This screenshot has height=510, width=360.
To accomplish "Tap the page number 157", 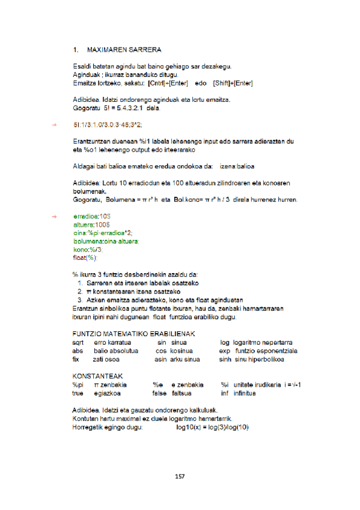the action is pyautogui.click(x=179, y=476).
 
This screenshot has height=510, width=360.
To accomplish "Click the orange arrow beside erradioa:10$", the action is pyautogui.click(x=53, y=215).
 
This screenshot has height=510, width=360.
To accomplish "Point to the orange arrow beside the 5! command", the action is pyautogui.click(x=53, y=124).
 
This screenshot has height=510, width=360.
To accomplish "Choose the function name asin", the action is pyautogui.click(x=160, y=360).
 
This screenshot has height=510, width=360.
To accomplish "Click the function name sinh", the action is pyautogui.click(x=226, y=360).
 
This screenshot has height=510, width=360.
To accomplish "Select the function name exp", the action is pyautogui.click(x=225, y=351).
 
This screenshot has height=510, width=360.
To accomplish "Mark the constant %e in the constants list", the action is pyautogui.click(x=158, y=385).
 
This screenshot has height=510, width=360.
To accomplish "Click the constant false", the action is pyautogui.click(x=159, y=393).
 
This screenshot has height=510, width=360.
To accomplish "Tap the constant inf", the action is pyautogui.click(x=224, y=393).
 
